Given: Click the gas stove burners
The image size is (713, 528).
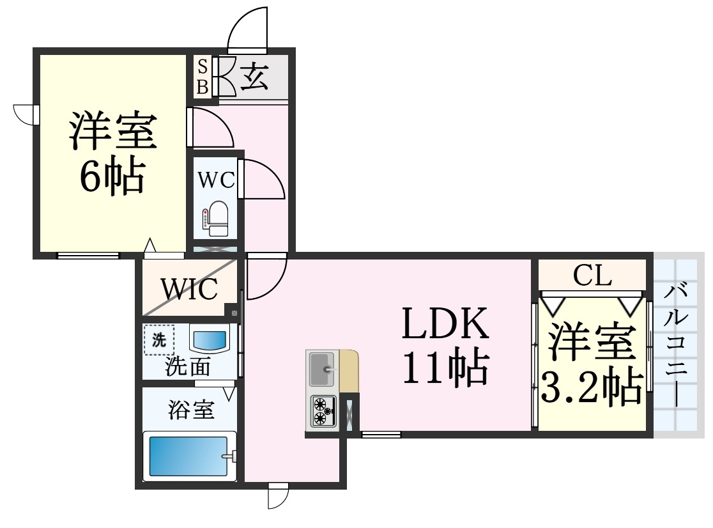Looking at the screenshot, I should [323, 411].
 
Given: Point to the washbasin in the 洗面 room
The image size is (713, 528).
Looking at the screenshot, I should [210, 337].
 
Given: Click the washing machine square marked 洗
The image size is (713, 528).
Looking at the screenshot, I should [158, 340].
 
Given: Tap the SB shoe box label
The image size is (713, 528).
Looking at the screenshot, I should [203, 77].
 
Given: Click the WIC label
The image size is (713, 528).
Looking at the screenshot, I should [189, 290].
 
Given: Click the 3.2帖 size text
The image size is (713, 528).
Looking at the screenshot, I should [592, 385].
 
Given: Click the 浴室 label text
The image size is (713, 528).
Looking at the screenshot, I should [191, 410].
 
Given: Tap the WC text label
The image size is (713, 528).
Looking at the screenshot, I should [215, 180].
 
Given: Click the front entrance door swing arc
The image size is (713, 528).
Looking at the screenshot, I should [247, 29].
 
